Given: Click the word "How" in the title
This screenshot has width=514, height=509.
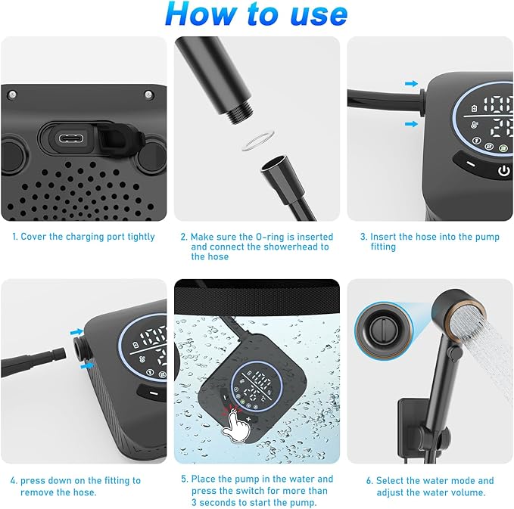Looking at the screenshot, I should click(x=198, y=14).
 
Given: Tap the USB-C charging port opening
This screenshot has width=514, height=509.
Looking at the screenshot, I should click(x=73, y=138).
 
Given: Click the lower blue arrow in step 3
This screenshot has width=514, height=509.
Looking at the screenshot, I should click(x=410, y=123).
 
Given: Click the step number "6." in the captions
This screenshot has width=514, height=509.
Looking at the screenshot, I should click(x=369, y=480).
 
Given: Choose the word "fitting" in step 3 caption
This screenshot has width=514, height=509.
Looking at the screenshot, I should click(x=382, y=247).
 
